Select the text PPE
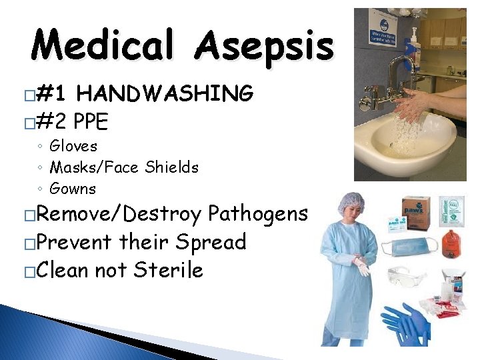[x=92, y=122]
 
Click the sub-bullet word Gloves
[x=73, y=146]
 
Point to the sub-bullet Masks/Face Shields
[x=124, y=167]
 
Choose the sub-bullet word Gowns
[x=73, y=189]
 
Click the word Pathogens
[x=258, y=214]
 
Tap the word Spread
[x=211, y=241]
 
